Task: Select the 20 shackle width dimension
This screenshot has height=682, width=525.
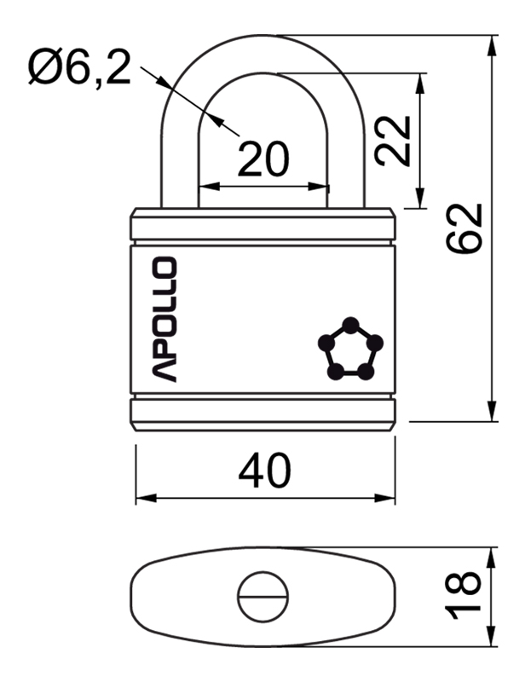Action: click(x=263, y=159)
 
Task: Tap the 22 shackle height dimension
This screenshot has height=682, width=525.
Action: click(x=393, y=142)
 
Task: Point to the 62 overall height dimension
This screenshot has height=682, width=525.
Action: click(x=464, y=228)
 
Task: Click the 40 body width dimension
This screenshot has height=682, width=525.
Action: click(x=264, y=471)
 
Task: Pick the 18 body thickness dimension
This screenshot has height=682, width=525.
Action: click(x=464, y=595)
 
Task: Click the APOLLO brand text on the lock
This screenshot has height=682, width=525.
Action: click(x=164, y=320)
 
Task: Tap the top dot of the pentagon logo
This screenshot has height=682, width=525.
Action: click(x=350, y=325)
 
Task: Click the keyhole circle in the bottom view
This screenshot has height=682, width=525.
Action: click(x=263, y=596)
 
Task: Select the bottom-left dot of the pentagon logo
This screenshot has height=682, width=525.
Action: click(x=335, y=372)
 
